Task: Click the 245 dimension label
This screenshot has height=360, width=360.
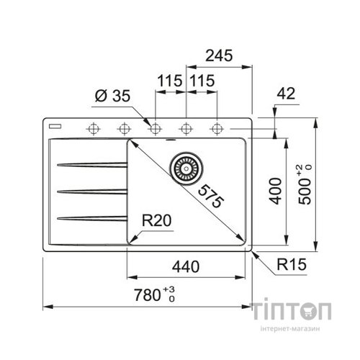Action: click(x=219, y=55)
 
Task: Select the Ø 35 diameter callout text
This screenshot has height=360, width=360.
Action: click(x=112, y=96)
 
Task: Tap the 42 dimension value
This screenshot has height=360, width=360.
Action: click(x=286, y=94)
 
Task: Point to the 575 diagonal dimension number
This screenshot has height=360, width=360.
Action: click(x=210, y=196)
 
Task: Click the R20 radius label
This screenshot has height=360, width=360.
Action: click(x=156, y=220)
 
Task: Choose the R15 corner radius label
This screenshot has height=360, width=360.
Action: click(x=292, y=264)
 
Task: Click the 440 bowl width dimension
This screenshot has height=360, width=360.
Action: click(x=186, y=266)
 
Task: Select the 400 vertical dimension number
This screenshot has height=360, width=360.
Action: click(x=275, y=191)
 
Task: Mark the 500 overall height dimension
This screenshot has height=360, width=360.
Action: click(x=305, y=184)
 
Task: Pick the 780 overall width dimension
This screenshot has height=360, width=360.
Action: click(x=154, y=294)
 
